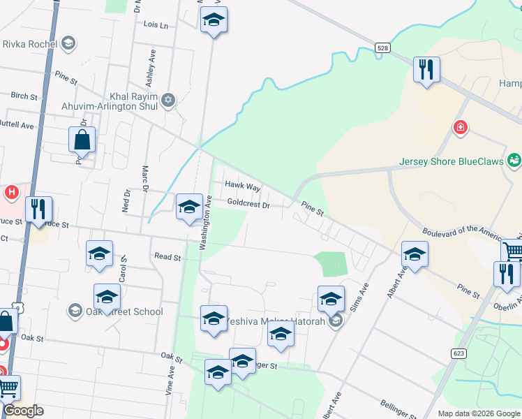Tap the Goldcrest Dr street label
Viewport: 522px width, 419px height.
tap(248, 205)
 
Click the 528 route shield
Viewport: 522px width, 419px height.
tap(381, 47)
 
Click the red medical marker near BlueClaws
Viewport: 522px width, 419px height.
tap(459, 127)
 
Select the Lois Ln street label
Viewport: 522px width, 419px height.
tap(156, 25)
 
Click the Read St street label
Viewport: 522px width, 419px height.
tap(167, 257)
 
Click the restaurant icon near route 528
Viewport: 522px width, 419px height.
tap(426, 69)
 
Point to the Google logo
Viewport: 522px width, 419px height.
tap(23, 411)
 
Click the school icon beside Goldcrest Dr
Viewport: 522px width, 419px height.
tap(189, 207)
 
